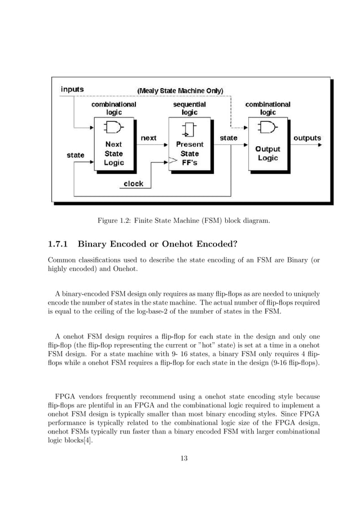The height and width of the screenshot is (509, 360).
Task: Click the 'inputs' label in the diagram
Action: click(72, 89)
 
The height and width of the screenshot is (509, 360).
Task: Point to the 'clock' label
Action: click(133, 183)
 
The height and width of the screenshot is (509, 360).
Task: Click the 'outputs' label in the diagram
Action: click(306, 138)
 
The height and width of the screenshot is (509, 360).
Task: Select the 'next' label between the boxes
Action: click(148, 138)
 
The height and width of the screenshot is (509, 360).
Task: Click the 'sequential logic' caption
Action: click(190, 108)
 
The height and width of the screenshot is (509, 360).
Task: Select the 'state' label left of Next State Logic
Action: click(76, 155)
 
